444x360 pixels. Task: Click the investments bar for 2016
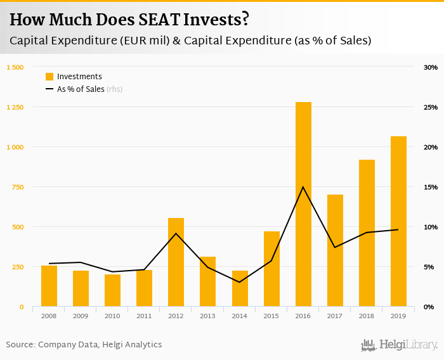coord(303,204)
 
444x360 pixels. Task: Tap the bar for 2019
coord(398,221)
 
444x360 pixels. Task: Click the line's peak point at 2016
coord(303,187)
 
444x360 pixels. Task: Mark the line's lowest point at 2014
coord(239,282)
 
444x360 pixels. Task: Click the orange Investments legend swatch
coord(49,77)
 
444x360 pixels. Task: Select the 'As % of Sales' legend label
coord(81,89)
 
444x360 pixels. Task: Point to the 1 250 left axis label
coord(15,107)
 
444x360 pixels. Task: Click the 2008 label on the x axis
coord(49,315)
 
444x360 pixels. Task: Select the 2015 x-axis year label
coord(271,315)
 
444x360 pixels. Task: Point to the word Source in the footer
coord(20,345)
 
